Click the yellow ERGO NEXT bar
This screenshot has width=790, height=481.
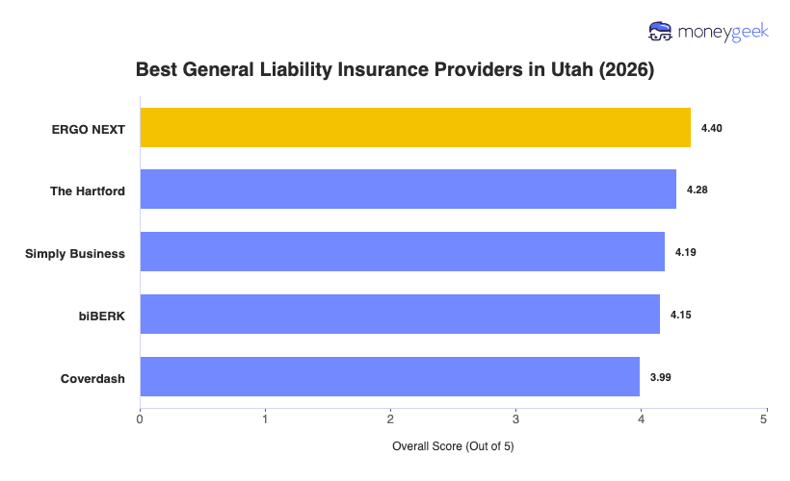click(415, 127)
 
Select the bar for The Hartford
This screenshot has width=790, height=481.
click(408, 190)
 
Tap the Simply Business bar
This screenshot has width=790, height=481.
click(402, 252)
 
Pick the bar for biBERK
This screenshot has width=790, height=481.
click(400, 315)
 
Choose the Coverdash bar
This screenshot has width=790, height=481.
click(389, 377)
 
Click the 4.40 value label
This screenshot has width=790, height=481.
click(712, 128)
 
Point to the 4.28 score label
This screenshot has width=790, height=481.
click(698, 190)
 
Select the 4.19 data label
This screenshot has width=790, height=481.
click(685, 253)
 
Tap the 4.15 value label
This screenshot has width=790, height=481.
click(681, 316)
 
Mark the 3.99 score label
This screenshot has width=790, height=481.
click(660, 378)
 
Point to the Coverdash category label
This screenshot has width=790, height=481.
click(92, 378)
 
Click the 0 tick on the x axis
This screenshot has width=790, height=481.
click(141, 418)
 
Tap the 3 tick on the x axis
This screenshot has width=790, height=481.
click(515, 418)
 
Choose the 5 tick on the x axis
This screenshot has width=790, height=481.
click(765, 418)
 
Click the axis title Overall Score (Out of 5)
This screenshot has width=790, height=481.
click(453, 447)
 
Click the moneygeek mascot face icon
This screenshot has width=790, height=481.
click(661, 31)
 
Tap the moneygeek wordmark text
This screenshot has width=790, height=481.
click(722, 32)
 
